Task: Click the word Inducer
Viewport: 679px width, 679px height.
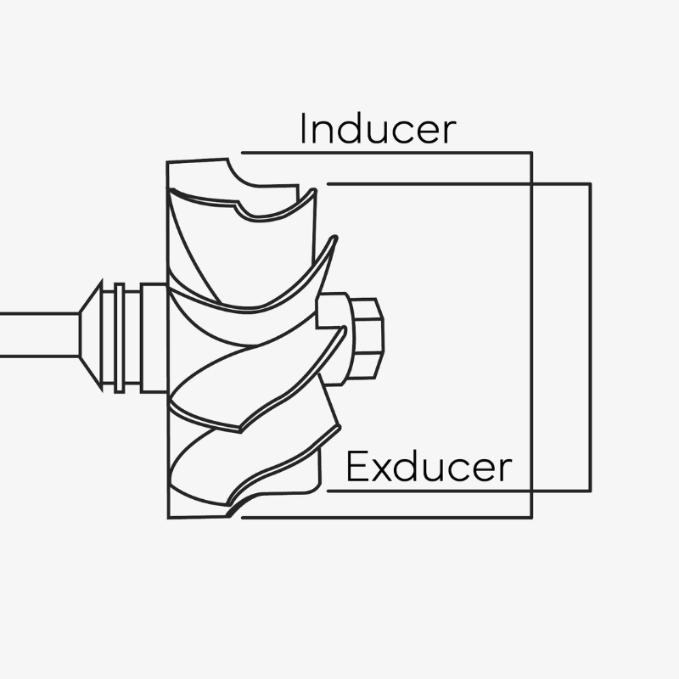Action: pos(378,129)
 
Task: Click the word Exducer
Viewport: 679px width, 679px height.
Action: pos(429,466)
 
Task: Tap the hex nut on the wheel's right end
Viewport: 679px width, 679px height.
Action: pos(368,339)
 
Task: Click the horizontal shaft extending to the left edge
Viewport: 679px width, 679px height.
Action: pos(40,334)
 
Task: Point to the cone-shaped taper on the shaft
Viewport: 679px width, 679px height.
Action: pos(91,335)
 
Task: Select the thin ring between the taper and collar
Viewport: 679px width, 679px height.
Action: pos(120,338)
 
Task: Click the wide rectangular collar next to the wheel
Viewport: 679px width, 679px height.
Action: pos(154,339)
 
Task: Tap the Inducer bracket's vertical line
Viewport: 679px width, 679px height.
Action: pos(531,334)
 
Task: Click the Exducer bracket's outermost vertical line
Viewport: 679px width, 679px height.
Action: pos(590,338)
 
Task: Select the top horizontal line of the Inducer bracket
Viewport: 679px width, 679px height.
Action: pos(387,153)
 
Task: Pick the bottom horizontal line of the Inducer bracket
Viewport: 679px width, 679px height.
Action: pos(387,517)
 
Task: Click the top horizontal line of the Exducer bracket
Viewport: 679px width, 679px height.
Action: pos(459,184)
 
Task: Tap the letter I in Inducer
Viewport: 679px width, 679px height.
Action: pos(303,129)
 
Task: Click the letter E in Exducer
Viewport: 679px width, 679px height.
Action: pos(356,466)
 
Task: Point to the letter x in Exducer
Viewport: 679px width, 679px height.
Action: pos(380,470)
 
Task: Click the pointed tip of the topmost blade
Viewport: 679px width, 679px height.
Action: pos(314,190)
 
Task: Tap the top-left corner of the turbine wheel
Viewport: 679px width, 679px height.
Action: pos(167,162)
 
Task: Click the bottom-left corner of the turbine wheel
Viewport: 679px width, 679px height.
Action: pos(168,518)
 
